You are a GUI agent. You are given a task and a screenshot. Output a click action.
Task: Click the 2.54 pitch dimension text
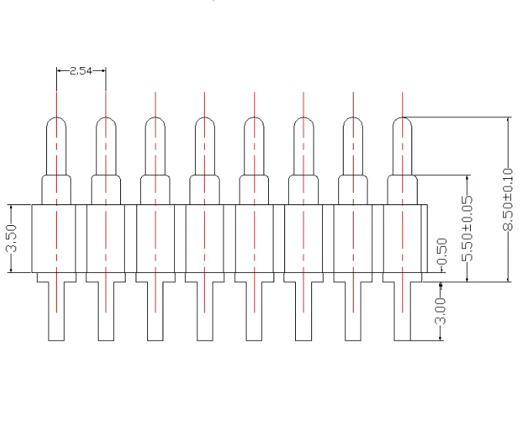tap(80, 72)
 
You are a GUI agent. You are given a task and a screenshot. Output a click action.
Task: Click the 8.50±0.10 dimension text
tap(506, 200)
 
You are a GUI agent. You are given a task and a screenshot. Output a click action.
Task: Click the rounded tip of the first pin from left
tap(56, 126)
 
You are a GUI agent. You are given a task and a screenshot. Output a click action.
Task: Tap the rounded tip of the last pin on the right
tap(402, 126)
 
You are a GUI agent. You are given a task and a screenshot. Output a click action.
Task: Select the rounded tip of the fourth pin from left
tap(204, 126)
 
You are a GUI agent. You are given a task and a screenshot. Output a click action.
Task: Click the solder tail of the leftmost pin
tap(56, 312)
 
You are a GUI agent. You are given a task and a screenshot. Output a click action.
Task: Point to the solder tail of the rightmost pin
tap(402, 312)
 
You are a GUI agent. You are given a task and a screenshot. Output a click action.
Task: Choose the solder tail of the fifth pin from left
tap(253, 312)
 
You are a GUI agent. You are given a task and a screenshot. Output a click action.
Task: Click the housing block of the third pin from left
tap(155, 238)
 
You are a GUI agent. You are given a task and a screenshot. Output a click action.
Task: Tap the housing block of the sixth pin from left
tap(303, 238)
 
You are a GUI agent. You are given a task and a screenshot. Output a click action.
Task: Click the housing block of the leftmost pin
tap(56, 238)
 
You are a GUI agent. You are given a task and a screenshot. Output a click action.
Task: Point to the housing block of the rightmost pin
tap(402, 238)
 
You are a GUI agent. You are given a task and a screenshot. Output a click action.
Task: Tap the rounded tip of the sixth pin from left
tap(303, 126)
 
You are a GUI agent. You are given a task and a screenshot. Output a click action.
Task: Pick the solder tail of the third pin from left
tap(155, 312)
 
